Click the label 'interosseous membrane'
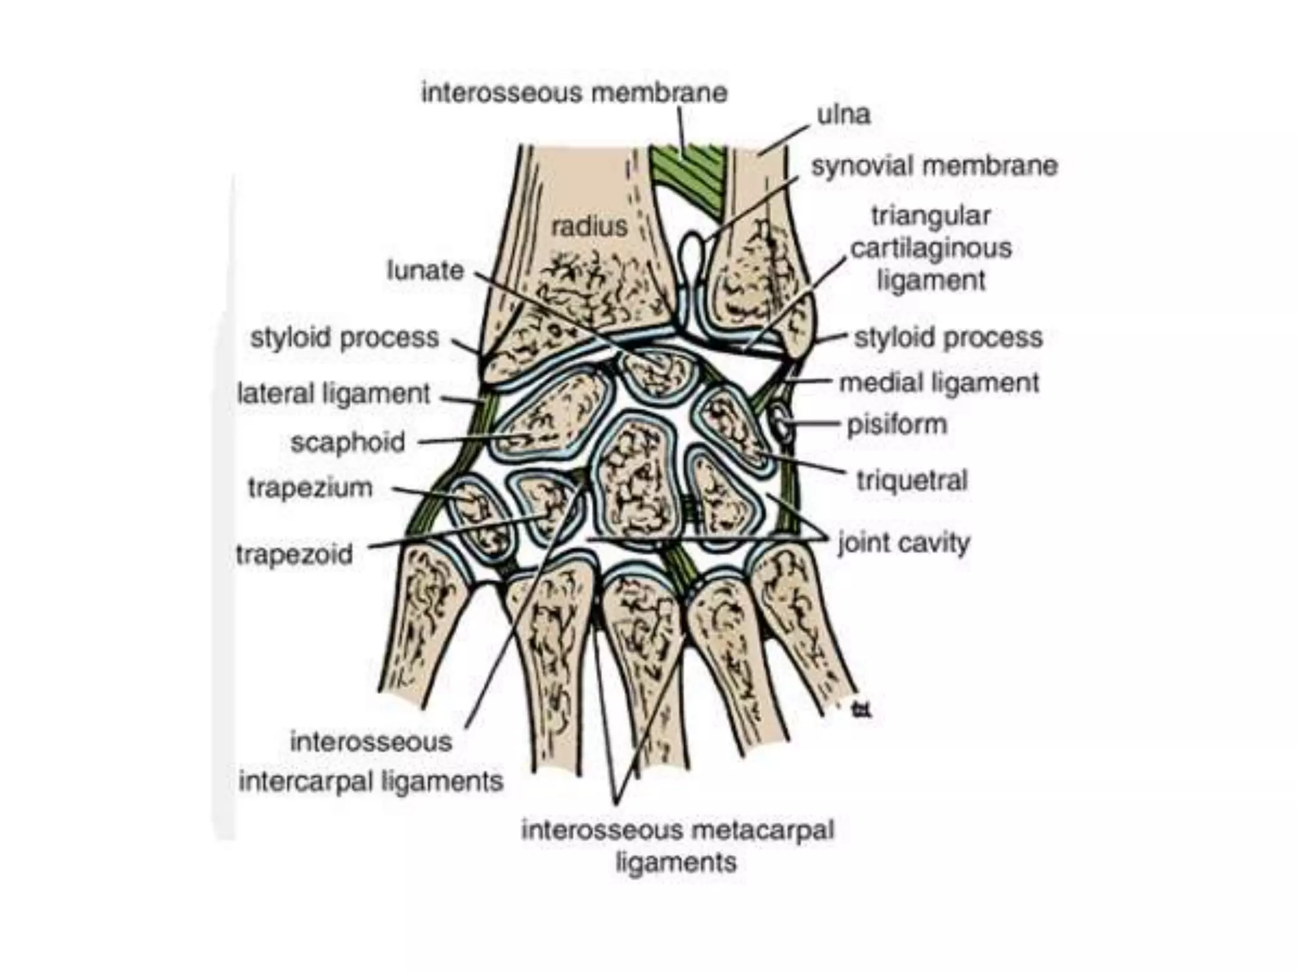click(574, 93)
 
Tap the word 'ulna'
click(844, 115)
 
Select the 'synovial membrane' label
click(934, 166)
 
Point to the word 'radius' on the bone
click(589, 226)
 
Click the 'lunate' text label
click(426, 270)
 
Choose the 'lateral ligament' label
click(333, 393)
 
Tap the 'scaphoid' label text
click(348, 442)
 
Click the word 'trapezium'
click(310, 488)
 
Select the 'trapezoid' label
click(294, 554)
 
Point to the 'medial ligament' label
click(939, 383)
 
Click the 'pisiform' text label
click(897, 424)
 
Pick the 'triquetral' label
click(912, 480)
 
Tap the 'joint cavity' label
click(904, 544)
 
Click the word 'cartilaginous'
click(931, 248)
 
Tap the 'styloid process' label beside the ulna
click(948, 338)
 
